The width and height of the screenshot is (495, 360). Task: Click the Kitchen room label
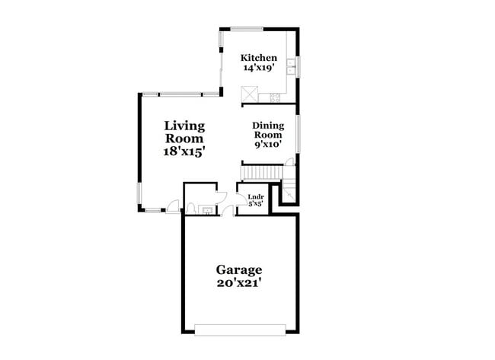click(258, 58)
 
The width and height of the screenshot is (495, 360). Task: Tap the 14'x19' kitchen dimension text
click(258, 68)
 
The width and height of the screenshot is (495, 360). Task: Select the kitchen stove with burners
click(275, 97)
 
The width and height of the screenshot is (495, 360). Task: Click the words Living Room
click(184, 132)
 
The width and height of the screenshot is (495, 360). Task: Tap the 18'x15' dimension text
click(184, 151)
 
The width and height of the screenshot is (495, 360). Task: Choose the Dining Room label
click(268, 130)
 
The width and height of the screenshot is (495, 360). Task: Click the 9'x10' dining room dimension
click(268, 142)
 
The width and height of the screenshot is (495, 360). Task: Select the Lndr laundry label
click(255, 196)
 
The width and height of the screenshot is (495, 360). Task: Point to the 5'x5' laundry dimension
click(255, 204)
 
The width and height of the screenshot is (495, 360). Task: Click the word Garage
click(238, 269)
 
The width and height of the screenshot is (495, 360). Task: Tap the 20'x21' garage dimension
click(238, 283)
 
